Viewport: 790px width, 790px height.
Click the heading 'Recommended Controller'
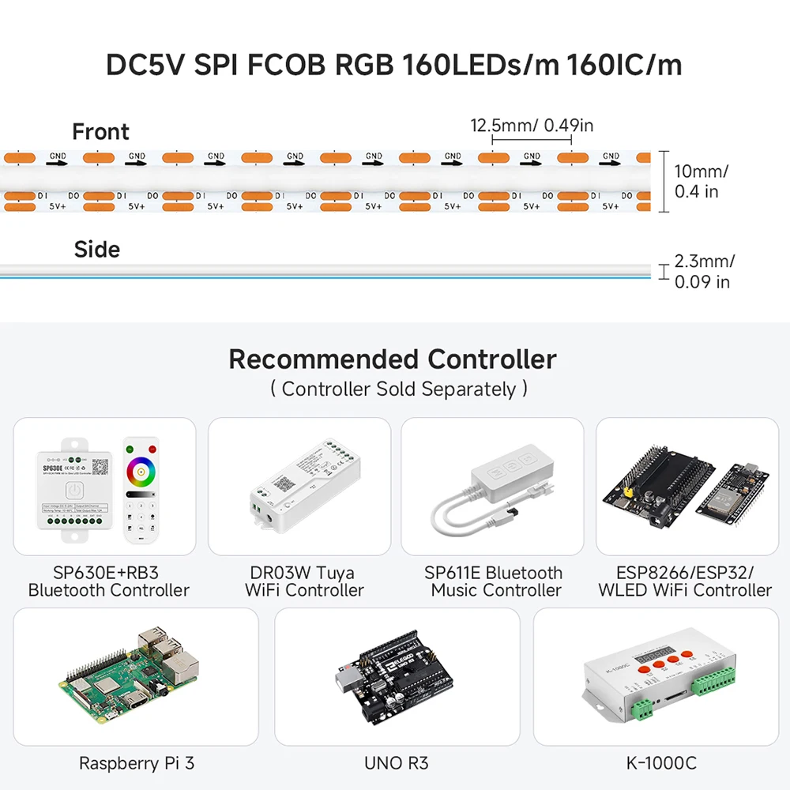point(393,359)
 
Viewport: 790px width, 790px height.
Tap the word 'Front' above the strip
point(100,132)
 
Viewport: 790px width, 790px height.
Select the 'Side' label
point(97,250)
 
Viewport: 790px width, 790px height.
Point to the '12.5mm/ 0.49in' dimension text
point(532,126)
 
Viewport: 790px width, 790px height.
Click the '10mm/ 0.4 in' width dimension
point(701,181)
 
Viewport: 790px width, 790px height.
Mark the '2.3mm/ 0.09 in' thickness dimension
point(704,271)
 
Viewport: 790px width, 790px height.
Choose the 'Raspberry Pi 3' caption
point(136,763)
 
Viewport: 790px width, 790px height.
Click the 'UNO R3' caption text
point(397,763)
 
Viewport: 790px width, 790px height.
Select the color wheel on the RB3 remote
point(141,472)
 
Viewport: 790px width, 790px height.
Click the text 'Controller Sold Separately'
point(398,389)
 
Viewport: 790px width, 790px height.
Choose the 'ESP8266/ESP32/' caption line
point(685,573)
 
